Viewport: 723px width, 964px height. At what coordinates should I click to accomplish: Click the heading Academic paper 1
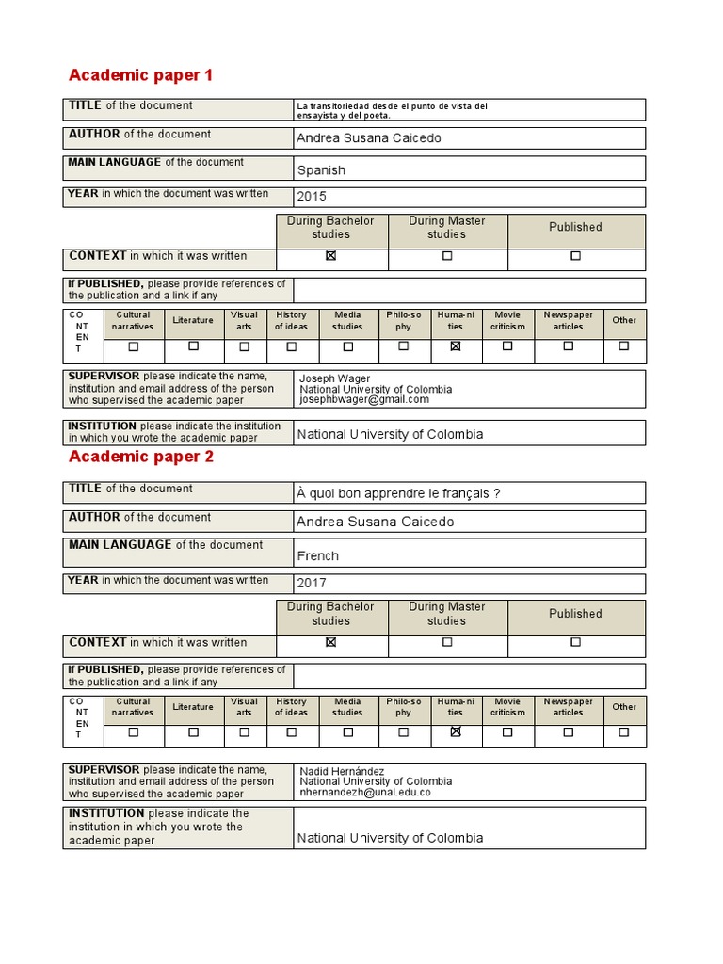(x=141, y=75)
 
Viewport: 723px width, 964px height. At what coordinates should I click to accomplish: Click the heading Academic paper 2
(x=141, y=457)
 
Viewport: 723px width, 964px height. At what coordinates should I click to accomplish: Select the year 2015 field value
(x=312, y=197)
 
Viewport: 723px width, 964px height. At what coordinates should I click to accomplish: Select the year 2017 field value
(x=312, y=584)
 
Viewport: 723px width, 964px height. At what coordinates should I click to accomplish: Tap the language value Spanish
(x=321, y=170)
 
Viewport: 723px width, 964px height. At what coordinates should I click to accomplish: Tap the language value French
(x=318, y=555)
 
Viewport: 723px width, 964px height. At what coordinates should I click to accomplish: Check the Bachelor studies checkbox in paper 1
(x=330, y=256)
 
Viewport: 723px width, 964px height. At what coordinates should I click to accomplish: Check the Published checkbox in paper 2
(x=575, y=642)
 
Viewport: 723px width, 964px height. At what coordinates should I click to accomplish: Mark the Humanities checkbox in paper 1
(x=456, y=346)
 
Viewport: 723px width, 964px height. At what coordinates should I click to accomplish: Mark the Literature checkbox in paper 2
(x=193, y=731)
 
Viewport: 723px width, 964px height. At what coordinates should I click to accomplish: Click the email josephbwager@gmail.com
(x=363, y=399)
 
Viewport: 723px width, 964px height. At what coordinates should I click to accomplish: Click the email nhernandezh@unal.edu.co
(x=364, y=793)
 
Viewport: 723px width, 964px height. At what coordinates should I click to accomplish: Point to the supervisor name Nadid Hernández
(x=342, y=771)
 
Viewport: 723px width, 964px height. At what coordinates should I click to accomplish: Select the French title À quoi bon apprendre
(x=398, y=494)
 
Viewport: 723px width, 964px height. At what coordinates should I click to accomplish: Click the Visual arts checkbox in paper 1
(x=245, y=346)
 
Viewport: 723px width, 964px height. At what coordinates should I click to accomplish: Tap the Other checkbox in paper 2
(x=624, y=731)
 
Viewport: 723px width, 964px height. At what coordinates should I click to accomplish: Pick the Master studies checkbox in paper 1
(x=447, y=256)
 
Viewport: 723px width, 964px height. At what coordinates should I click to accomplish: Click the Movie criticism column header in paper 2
(x=507, y=707)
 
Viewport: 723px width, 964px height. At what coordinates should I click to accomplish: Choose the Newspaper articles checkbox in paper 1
(x=569, y=346)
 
